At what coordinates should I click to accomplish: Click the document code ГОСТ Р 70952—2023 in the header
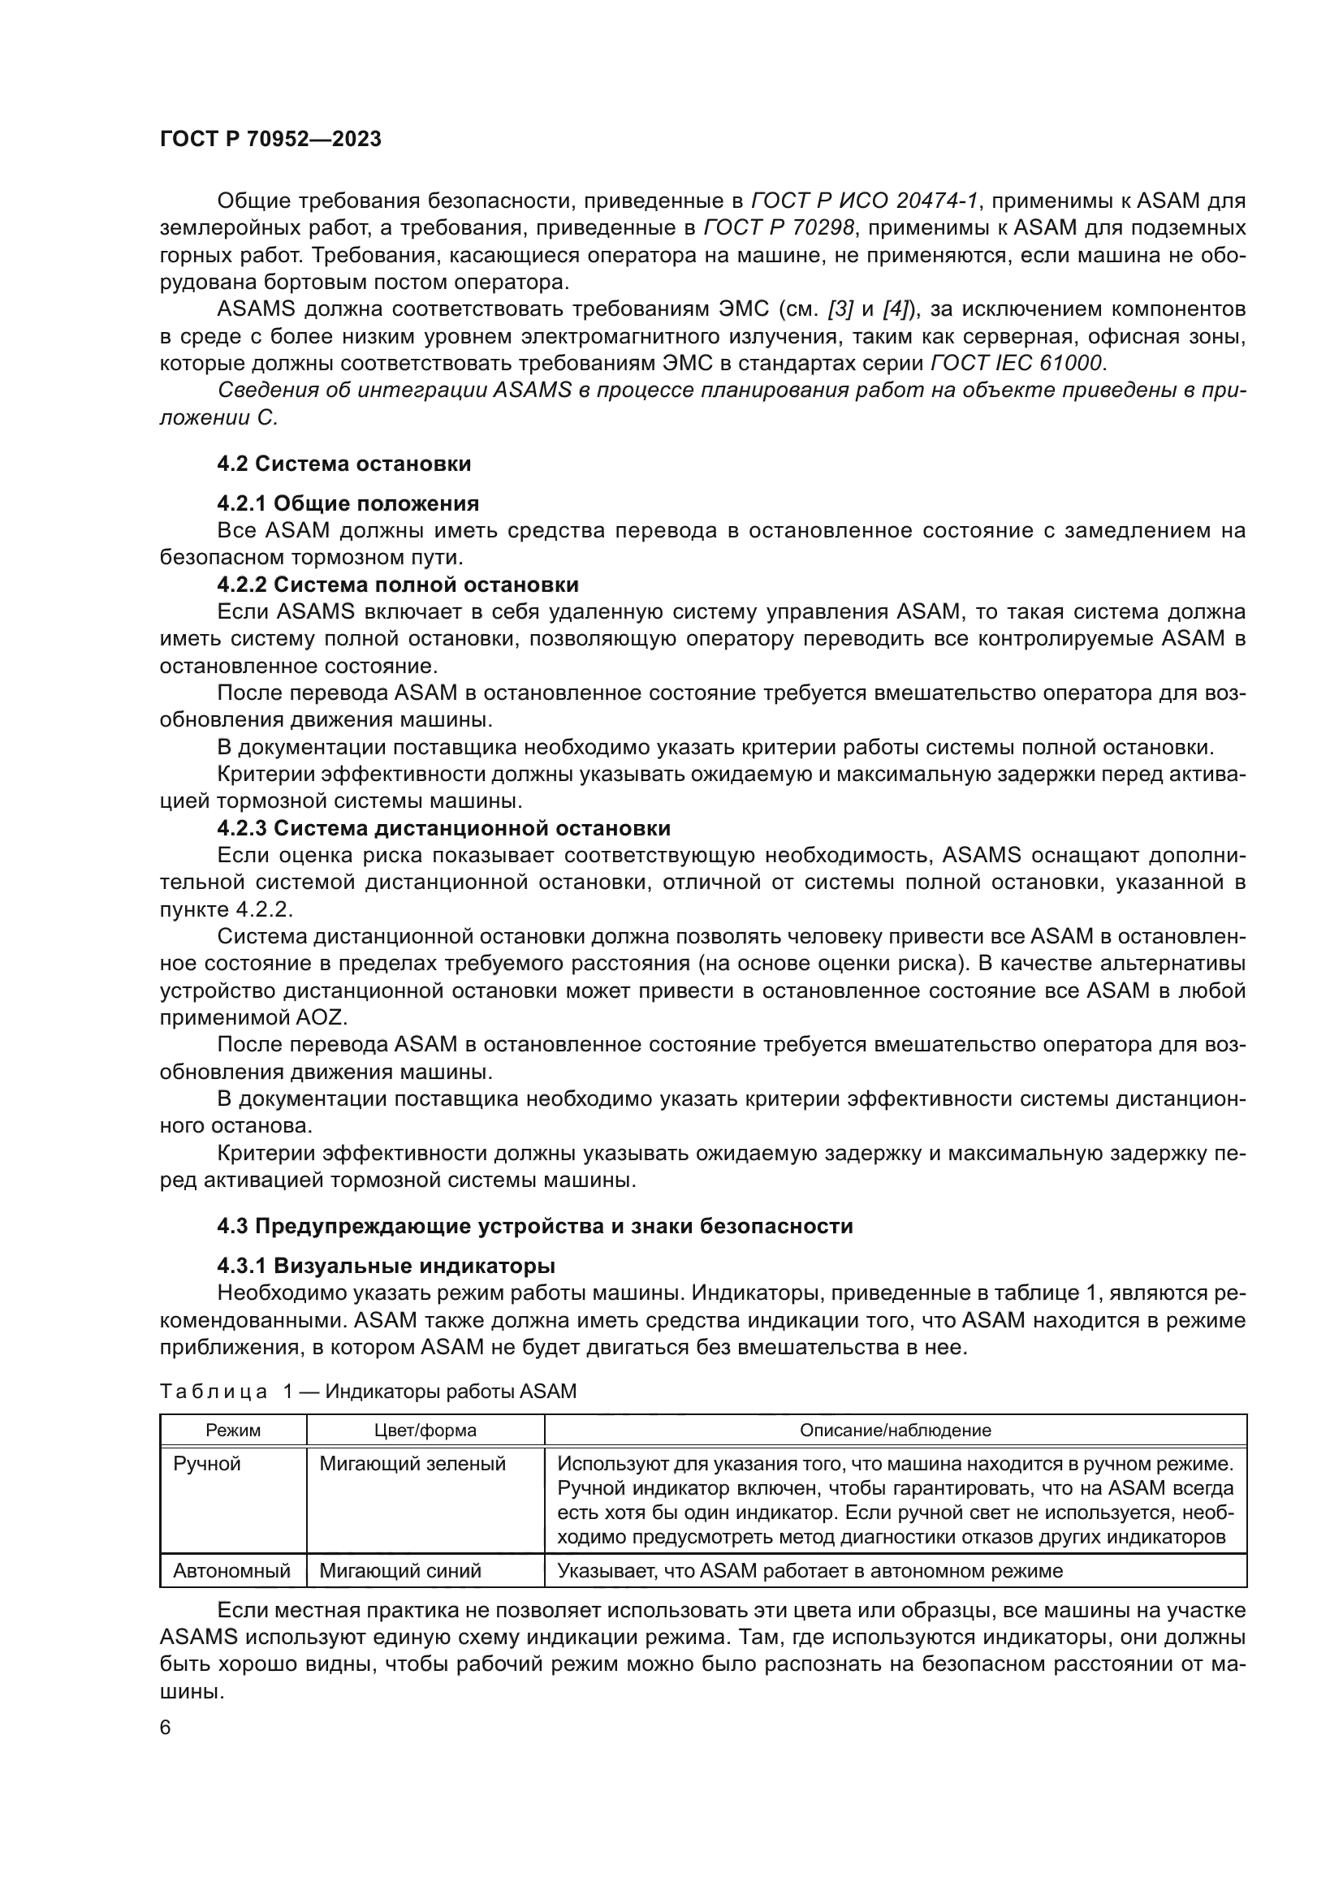coord(270,139)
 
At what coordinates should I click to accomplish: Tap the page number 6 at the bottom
coord(166,1728)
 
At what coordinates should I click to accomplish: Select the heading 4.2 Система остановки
coord(344,464)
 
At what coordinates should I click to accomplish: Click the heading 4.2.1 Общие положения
coord(348,503)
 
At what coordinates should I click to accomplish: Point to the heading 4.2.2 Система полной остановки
coord(397,585)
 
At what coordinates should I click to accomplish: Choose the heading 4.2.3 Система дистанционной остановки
coord(443,828)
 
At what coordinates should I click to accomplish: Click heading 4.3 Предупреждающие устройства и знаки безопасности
coord(534,1226)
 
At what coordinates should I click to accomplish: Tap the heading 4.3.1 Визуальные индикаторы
coord(386,1266)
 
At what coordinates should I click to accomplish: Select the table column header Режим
coord(232,1430)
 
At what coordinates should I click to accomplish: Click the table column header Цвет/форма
coord(425,1430)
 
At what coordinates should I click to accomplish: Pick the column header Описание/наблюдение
coord(895,1430)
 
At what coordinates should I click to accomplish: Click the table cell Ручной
coord(207,1464)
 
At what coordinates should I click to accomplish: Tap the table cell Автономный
coord(231,1571)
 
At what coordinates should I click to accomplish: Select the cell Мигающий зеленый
coord(412,1464)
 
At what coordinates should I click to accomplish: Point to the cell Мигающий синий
coord(400,1571)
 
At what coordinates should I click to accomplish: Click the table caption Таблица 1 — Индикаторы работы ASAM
coord(367,1392)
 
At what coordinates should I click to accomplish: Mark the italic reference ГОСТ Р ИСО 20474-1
coord(865,201)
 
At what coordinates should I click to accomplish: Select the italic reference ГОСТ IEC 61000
coord(1017,363)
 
